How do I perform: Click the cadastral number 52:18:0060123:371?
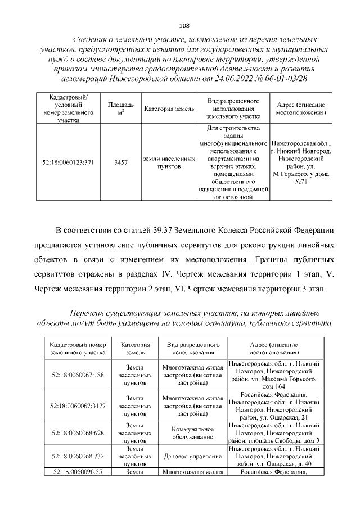click(x=67, y=163)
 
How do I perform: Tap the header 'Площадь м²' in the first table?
click(x=120, y=109)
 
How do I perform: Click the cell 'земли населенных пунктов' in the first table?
click(x=169, y=163)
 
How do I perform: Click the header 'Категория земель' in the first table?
click(x=169, y=109)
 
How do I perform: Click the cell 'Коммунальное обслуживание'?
click(x=191, y=433)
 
